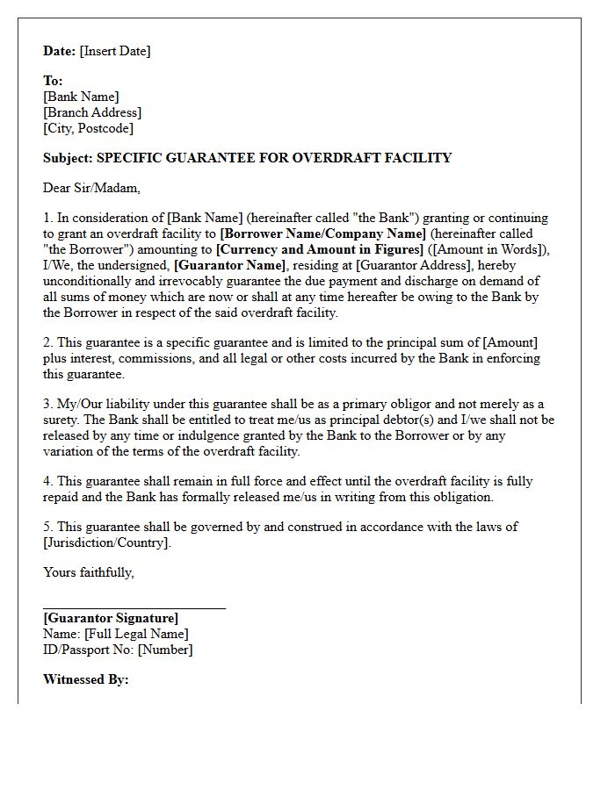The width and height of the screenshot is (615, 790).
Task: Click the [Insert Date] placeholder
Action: (x=115, y=51)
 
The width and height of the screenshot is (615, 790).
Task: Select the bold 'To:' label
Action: (x=53, y=81)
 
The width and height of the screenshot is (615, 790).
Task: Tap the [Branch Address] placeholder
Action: (x=92, y=112)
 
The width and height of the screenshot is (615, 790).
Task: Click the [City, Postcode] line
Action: (x=88, y=128)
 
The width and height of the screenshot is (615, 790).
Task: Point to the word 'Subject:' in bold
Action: (x=68, y=158)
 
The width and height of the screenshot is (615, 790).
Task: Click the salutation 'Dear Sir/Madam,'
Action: (x=91, y=188)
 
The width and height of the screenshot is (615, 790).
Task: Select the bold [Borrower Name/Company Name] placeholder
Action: (x=322, y=233)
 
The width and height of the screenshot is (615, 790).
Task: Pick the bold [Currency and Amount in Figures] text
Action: (x=319, y=249)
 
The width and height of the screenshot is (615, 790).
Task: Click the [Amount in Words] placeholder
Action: (x=478, y=249)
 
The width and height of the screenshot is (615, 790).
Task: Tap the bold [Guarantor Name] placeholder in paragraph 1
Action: (x=230, y=265)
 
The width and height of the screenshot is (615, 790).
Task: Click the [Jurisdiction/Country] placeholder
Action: (x=106, y=542)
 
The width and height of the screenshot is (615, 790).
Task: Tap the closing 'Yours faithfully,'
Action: (x=89, y=572)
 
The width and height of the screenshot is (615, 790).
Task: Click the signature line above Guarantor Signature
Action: (x=134, y=607)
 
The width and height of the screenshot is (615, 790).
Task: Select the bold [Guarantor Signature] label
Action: (x=111, y=618)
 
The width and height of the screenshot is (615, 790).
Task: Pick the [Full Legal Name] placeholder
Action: (x=135, y=634)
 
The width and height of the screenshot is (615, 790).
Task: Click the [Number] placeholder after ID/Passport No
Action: (x=165, y=650)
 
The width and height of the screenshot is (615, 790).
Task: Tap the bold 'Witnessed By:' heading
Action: (x=86, y=679)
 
